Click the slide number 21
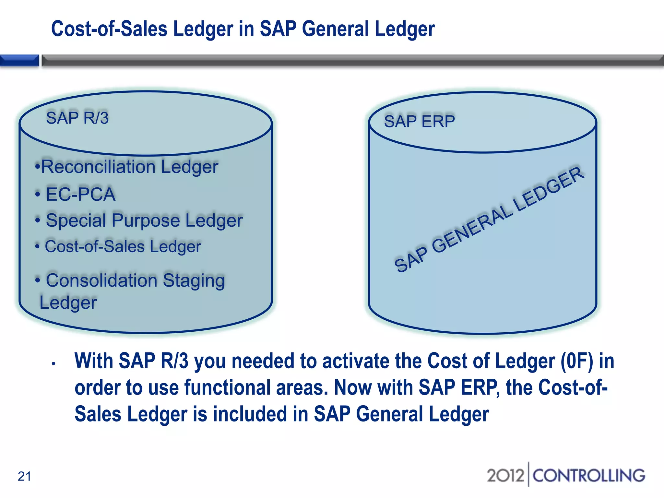[24, 476]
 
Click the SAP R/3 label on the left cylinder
[77, 118]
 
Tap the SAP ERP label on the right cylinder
[419, 122]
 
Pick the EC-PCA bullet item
[80, 194]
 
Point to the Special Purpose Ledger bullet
[144, 220]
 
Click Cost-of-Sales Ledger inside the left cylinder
[123, 246]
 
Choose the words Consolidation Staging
[135, 280]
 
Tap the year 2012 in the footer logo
[505, 476]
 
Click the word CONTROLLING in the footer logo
[588, 476]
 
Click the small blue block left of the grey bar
[19, 61]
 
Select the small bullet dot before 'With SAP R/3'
[54, 364]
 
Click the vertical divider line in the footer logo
[528, 474]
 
